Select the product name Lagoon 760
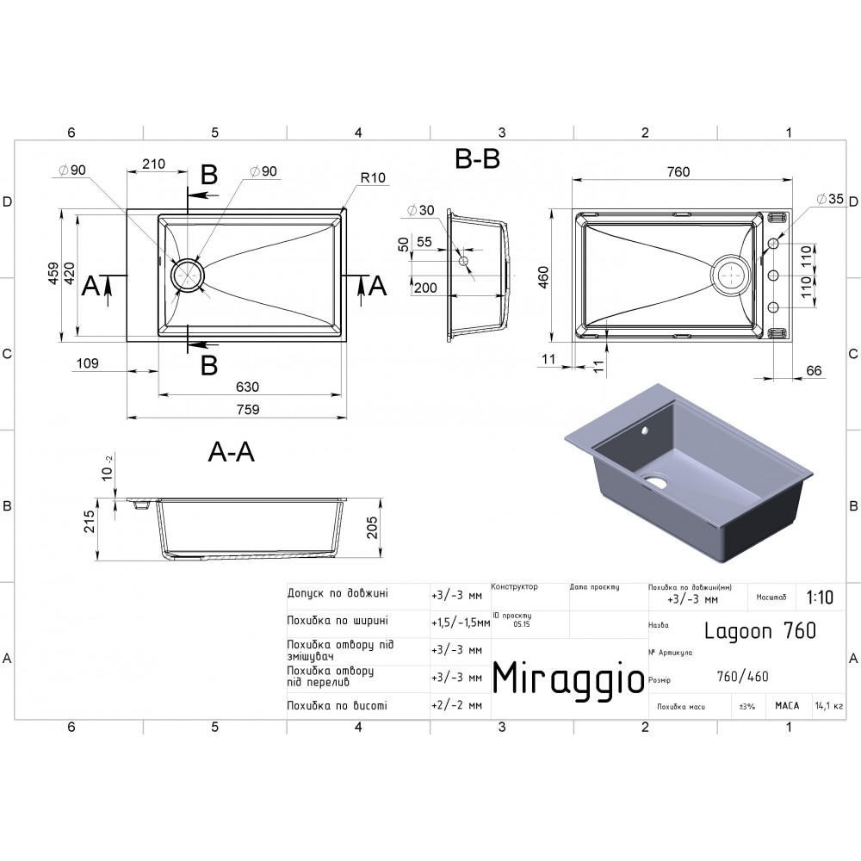(760, 631)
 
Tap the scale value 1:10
(820, 597)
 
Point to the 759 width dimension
(248, 410)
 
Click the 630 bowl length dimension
(247, 387)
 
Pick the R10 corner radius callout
(373, 178)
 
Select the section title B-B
(477, 158)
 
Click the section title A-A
(231, 452)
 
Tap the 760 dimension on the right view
(678, 172)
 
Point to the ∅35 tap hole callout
(830, 199)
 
